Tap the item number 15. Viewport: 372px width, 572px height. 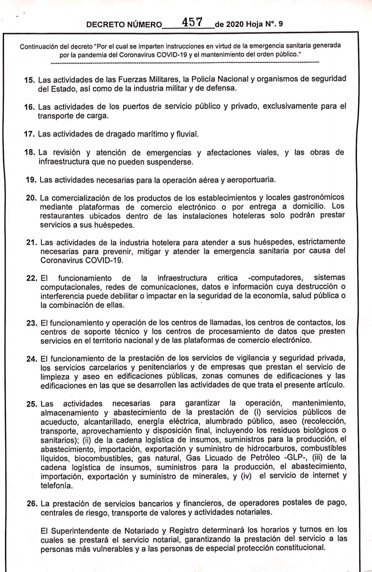coord(30,80)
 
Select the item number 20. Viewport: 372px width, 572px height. coord(32,198)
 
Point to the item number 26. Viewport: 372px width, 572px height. coord(32,504)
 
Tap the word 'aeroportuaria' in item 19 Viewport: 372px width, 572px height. coord(254,180)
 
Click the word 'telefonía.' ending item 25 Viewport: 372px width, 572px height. coord(56,486)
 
